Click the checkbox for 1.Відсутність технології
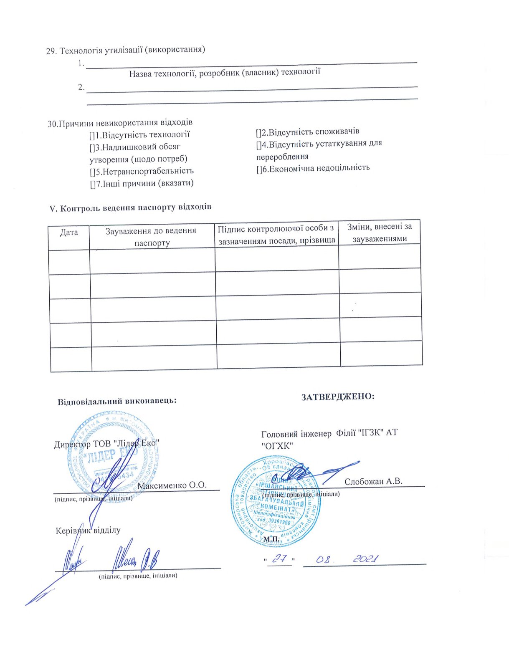[x=92, y=135]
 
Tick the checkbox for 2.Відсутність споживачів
[x=258, y=132]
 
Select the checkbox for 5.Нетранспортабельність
[x=92, y=171]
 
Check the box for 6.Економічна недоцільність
[x=259, y=168]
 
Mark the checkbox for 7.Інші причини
[x=93, y=184]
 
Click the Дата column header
[x=69, y=232]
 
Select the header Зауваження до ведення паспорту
[x=152, y=236]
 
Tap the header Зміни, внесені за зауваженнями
[x=379, y=232]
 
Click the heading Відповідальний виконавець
[x=117, y=401]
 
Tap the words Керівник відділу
[x=88, y=531]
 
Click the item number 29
[x=51, y=51]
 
